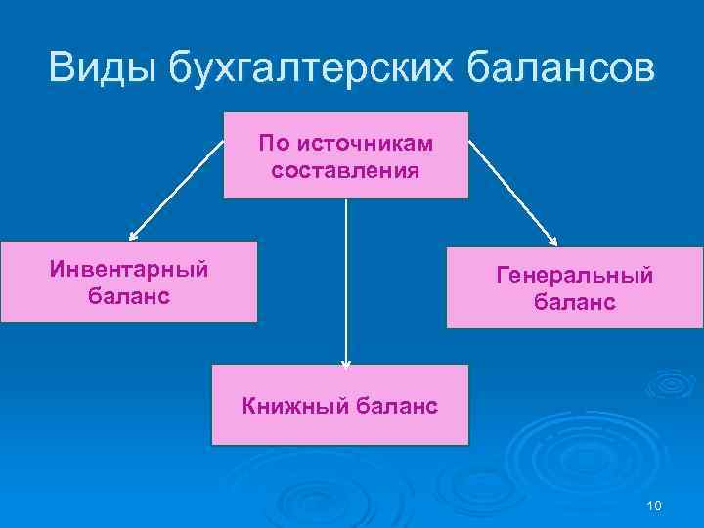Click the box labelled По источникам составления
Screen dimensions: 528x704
pos(345,156)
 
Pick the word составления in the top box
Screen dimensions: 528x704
pos(345,171)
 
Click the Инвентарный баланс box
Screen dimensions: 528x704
pos(128,282)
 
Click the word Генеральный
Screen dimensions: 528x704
pos(574,277)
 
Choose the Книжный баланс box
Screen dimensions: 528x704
pos(339,406)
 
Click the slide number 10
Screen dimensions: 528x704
pos(654,505)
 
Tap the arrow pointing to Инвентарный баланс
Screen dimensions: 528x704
pos(176,188)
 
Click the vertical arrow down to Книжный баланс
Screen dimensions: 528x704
pos(345,284)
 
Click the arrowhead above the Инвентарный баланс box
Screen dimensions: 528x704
pos(134,236)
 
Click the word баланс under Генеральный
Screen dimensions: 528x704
pos(574,303)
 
